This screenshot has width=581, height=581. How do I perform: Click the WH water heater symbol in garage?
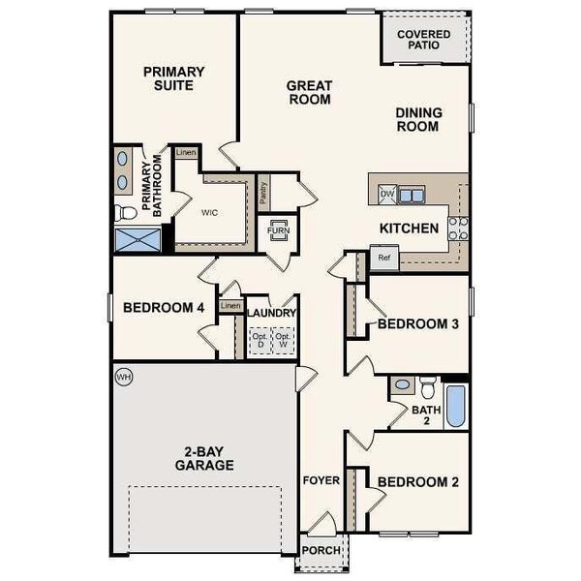click(x=123, y=376)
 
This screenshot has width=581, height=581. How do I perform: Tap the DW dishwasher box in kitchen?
click(x=386, y=195)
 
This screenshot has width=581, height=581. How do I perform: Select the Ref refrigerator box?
click(x=383, y=258)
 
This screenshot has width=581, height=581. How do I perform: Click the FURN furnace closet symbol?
click(x=278, y=231)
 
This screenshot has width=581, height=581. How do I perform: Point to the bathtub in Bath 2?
click(x=456, y=407)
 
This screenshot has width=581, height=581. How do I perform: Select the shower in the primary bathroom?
click(x=136, y=240)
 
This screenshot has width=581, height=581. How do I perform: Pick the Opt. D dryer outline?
click(x=259, y=340)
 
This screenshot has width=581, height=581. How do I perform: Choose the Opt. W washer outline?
click(x=284, y=340)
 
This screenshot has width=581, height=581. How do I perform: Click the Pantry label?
click(x=263, y=193)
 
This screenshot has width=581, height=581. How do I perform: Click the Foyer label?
click(x=321, y=480)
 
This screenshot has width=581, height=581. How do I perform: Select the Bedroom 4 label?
click(x=163, y=308)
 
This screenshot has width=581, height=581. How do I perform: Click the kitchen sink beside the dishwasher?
click(x=411, y=195)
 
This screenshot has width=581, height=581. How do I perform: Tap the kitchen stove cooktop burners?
click(x=458, y=228)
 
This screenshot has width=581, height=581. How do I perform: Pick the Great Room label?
click(x=309, y=92)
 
